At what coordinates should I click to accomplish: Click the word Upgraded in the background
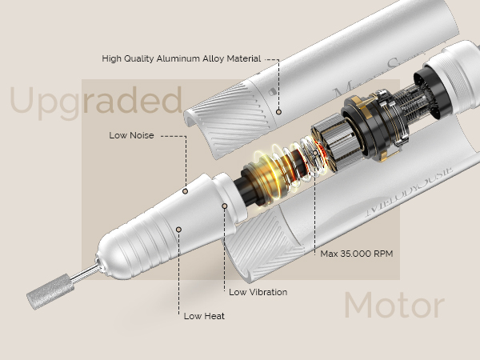96,102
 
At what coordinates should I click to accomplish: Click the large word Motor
394,306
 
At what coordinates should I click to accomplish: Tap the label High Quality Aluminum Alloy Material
182,58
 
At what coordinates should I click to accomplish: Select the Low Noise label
131,135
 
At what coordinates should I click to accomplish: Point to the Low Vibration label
258,292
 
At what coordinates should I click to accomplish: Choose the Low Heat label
204,316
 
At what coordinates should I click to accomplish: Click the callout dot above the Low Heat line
179,229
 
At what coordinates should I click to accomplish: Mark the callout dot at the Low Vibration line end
226,206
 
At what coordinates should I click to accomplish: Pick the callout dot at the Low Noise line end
185,191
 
